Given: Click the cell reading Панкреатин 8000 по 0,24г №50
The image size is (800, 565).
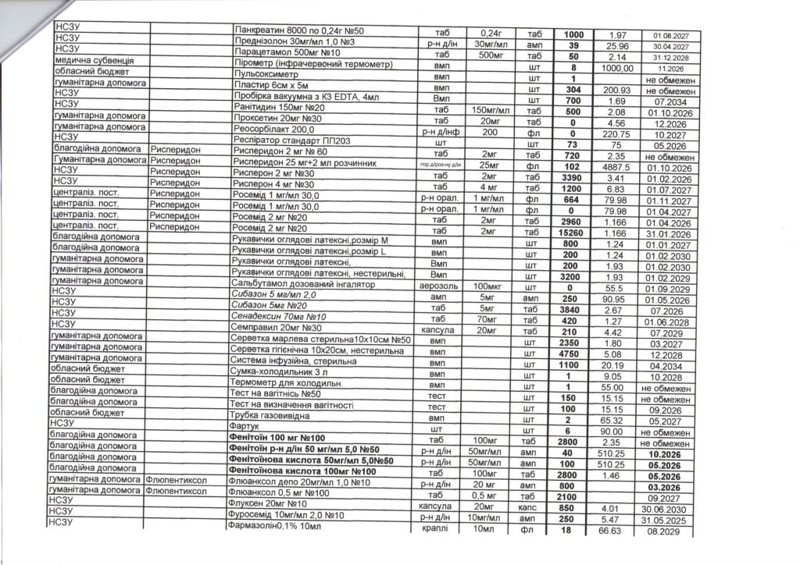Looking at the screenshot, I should (x=299, y=31).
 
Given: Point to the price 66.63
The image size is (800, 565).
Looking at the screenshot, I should (x=610, y=531).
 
